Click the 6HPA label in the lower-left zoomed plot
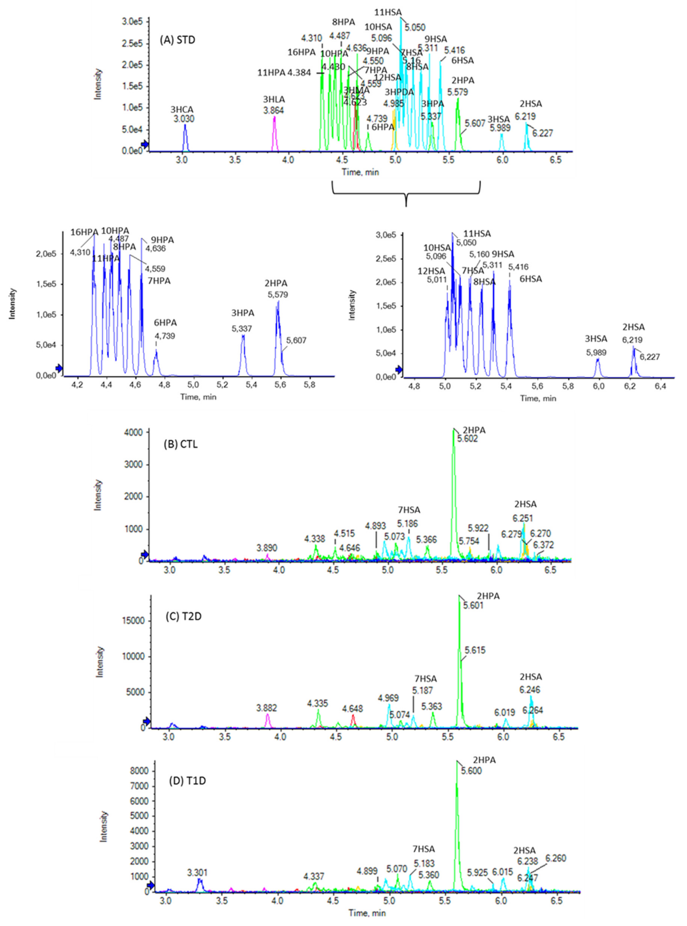[x=166, y=323]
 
